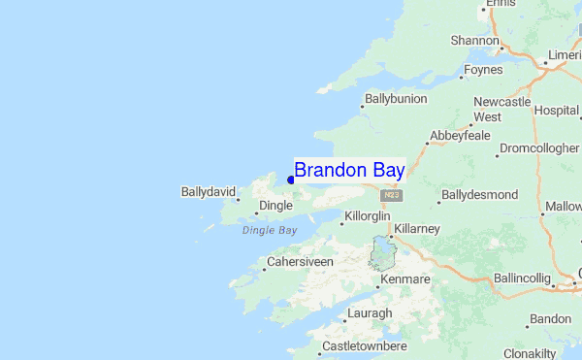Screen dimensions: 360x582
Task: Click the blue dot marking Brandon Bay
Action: pos(291,180)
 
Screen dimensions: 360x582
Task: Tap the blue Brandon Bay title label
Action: pos(349,170)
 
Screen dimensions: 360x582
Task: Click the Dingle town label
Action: pos(275,207)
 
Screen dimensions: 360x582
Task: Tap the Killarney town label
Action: pos(417,228)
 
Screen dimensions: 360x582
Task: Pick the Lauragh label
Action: pos(370,313)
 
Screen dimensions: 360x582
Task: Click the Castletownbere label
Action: pos(369,345)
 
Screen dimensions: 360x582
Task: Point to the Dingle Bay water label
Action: pos(270,231)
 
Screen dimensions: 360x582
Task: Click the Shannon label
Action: pos(473,41)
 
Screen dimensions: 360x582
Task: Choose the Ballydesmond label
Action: pos(479,195)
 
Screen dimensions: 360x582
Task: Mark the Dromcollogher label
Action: pos(538,149)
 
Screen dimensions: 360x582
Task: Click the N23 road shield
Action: pos(392,195)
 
